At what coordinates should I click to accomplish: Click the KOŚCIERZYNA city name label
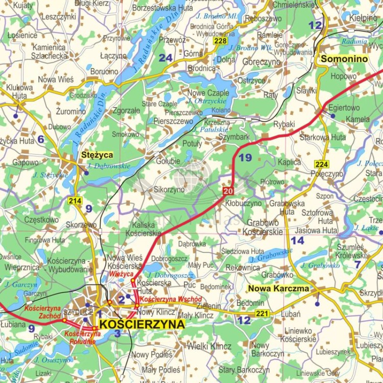point(142,324)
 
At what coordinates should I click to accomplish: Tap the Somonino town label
point(344,59)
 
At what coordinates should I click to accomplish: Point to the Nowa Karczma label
point(278,289)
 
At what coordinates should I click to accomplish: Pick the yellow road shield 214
point(75,201)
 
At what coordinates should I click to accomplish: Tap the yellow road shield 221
point(262,313)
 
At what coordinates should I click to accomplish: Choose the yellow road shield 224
point(322,164)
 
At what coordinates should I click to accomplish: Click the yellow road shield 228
point(220,41)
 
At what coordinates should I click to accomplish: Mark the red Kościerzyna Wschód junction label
point(171,299)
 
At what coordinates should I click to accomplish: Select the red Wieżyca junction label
point(122,274)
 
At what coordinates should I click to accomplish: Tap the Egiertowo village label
point(344,108)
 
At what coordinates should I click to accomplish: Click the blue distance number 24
point(165,58)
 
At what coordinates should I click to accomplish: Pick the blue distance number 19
point(245,158)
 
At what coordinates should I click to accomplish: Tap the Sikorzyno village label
point(169,189)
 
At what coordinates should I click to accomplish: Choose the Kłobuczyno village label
point(243,203)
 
